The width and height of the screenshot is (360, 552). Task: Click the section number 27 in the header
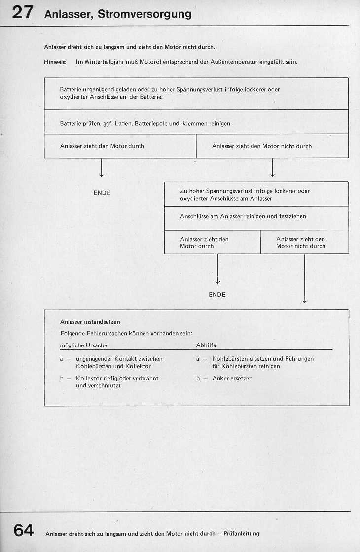click(23, 13)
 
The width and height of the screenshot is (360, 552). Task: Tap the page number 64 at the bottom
click(23, 530)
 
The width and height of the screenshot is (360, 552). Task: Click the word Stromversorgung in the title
click(144, 14)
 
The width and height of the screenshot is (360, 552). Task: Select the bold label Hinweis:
click(55, 62)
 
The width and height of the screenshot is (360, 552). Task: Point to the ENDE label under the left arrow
click(102, 193)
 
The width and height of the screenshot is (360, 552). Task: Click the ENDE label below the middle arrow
click(217, 295)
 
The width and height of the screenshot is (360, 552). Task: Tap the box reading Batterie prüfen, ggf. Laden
click(196, 123)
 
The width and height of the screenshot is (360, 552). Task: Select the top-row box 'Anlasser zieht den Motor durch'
click(120, 146)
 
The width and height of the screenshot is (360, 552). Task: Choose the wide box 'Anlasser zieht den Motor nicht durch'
click(272, 146)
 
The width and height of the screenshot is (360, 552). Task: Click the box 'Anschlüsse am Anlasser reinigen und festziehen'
click(256, 216)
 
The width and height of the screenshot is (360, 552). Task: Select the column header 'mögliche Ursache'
click(83, 345)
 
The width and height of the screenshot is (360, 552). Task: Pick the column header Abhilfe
click(206, 345)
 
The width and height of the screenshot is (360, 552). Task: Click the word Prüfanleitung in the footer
click(241, 534)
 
